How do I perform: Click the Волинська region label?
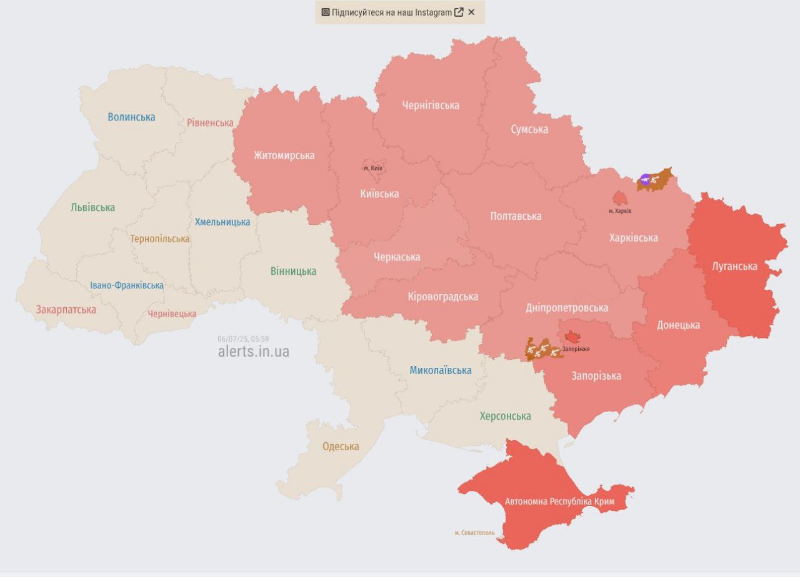131,117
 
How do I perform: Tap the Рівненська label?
210,122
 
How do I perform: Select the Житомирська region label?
284,155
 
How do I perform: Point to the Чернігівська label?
430,105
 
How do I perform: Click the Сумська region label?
529,129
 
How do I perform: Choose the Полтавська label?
516,216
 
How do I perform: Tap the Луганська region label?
734,266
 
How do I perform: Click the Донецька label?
678,325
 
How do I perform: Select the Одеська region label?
341,446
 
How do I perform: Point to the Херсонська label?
505,416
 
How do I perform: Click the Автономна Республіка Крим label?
559,501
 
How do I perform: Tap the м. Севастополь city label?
474,533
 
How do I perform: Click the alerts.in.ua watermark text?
253,352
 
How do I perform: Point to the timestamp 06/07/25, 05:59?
243,339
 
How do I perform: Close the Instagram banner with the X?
471,12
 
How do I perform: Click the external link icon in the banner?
459,12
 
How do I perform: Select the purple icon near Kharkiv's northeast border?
645,179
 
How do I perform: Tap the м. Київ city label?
372,168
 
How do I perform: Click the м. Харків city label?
619,211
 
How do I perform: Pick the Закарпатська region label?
66,310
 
